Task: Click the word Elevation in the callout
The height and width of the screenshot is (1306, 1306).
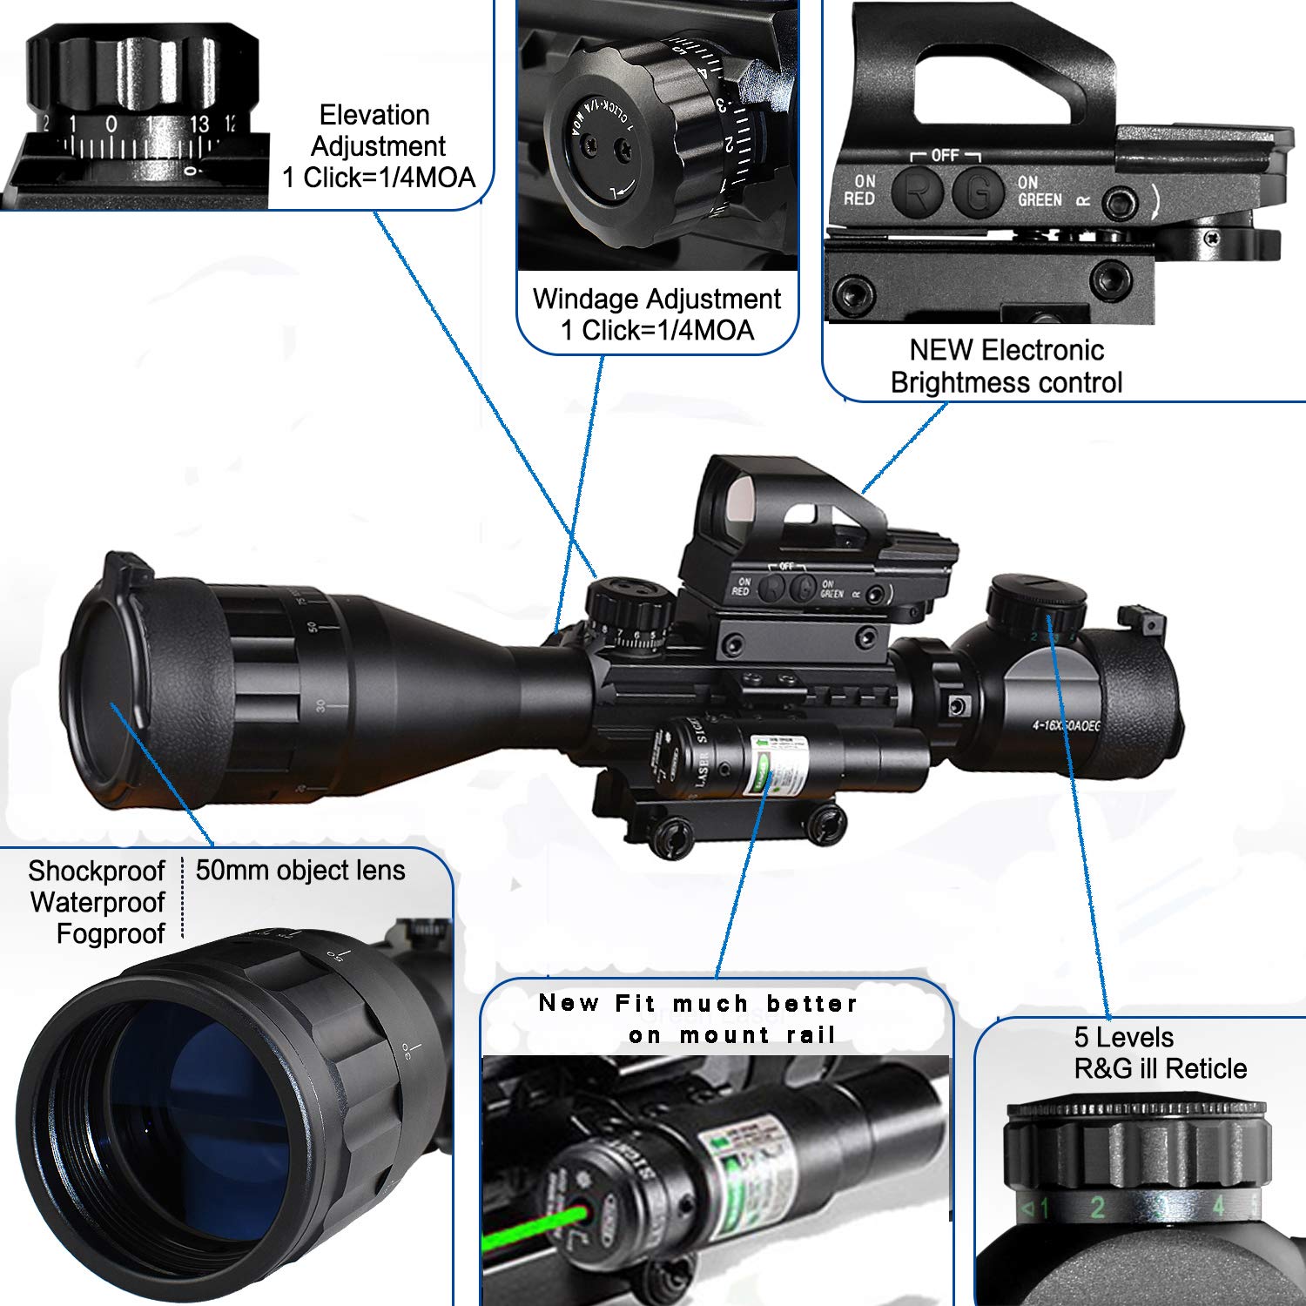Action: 374,115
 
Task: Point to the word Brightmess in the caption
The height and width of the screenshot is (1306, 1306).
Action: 957,382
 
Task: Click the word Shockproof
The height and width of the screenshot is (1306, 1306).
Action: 96,871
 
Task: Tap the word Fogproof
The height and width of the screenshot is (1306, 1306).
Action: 111,934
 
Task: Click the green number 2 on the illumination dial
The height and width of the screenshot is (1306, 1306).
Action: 1097,1207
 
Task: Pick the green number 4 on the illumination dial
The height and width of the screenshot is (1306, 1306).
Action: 1218,1205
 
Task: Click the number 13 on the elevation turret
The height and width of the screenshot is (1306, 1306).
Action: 199,125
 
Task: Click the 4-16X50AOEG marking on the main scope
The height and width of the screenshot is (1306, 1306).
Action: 1067,724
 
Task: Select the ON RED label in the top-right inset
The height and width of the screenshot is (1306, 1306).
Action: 859,190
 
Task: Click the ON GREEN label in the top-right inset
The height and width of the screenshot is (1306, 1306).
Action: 1039,192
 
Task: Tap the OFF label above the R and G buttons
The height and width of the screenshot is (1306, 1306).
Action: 945,155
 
